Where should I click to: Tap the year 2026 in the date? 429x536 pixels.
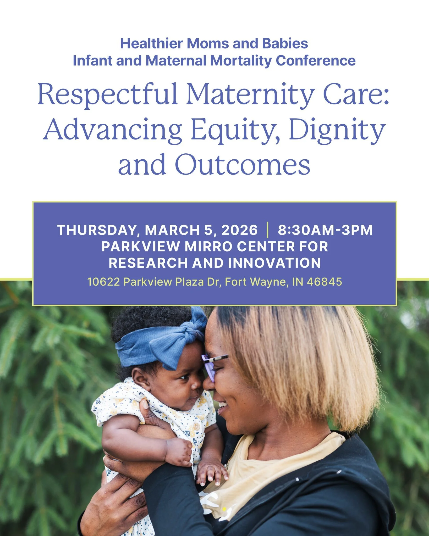239,230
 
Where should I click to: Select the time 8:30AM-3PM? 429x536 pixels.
325,230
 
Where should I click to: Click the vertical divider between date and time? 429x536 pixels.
267,230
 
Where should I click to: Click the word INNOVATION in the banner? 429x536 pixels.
274,263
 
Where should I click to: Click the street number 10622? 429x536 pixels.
103,282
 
